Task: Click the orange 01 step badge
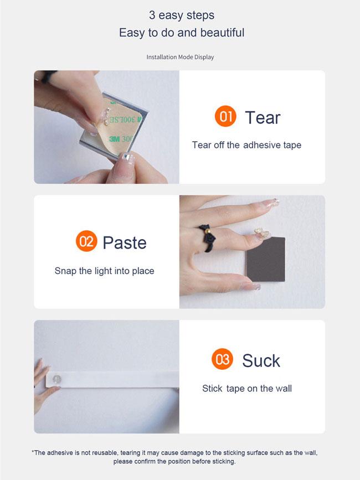[225, 116]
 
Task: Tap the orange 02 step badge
[86, 241]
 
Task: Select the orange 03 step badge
[222, 359]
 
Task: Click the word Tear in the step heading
[263, 117]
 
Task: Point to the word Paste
[125, 242]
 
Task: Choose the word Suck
[261, 360]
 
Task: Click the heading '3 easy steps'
[182, 16]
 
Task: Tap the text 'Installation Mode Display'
[180, 57]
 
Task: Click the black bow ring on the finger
[208, 238]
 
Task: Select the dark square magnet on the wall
[266, 259]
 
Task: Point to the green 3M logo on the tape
[114, 138]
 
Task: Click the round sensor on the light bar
[57, 379]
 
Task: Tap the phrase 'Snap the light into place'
[104, 271]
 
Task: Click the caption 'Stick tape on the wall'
[247, 389]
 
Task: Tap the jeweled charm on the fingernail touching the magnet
[263, 233]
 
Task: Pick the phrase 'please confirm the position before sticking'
[174, 461]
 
